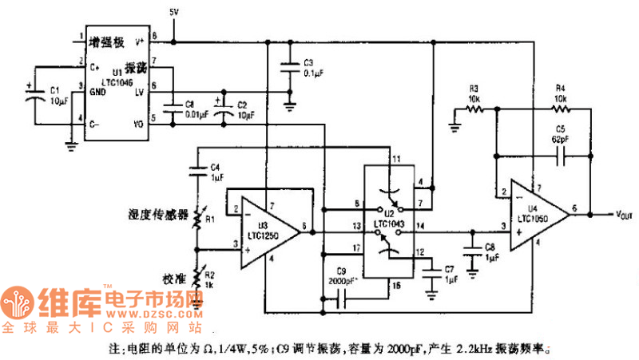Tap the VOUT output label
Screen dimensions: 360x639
625,215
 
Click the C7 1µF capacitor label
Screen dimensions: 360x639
449,275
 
